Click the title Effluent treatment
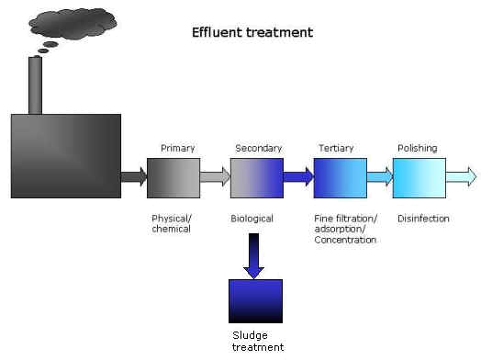point(252,32)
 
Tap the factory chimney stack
point(35,85)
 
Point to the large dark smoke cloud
point(73,24)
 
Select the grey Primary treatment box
point(173,178)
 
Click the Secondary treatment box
point(257,178)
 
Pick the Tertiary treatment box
point(341,178)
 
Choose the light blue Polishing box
point(419,178)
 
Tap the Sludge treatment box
point(255,301)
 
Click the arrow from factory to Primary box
point(134,176)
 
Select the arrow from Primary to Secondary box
point(215,176)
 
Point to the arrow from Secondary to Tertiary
point(298,176)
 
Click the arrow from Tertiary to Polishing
point(380,176)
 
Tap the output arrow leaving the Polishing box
point(462,176)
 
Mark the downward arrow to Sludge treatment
point(253,256)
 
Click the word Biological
point(252,219)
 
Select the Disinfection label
point(423,219)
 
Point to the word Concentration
point(345,240)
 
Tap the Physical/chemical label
point(172,224)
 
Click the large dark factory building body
point(66,156)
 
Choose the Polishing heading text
point(418,148)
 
